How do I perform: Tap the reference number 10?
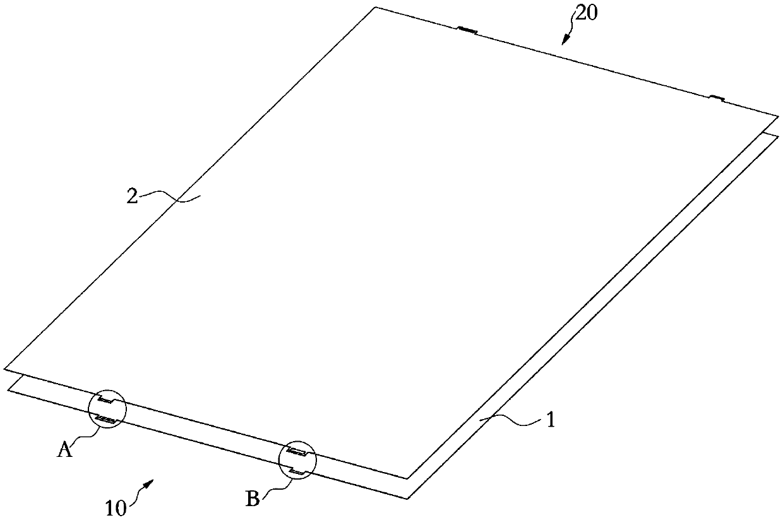coord(116,506)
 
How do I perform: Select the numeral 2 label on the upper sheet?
coord(131,196)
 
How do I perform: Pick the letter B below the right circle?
coord(252,500)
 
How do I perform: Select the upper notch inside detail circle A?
coord(105,401)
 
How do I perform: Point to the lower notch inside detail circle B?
coord(296,471)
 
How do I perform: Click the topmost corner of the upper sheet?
coord(376,8)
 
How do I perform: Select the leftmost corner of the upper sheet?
coord(5,368)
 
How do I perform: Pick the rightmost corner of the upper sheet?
coord(778,116)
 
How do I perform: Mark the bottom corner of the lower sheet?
coord(408,499)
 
